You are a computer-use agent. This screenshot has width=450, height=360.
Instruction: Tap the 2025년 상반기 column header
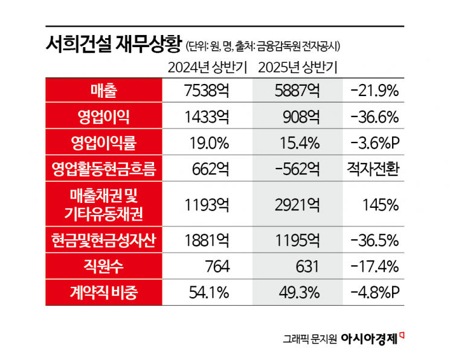coord(297,67)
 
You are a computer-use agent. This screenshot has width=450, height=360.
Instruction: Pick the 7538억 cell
coord(206,91)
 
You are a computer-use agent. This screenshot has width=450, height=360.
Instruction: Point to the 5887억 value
coord(297,91)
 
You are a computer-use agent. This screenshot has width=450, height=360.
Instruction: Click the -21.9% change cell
coord(374,91)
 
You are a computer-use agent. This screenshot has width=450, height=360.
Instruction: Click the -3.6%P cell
coord(374,143)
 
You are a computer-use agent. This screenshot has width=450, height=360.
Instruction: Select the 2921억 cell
coord(297,204)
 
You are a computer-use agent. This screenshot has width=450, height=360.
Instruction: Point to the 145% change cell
coord(381,204)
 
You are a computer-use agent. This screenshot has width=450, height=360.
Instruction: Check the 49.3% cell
coord(297,294)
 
